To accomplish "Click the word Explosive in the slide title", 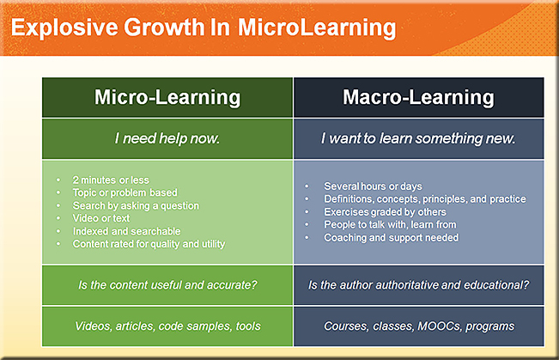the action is tap(64, 27).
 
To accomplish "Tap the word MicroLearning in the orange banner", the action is tap(317, 27).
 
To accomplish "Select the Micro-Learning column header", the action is tap(167, 97).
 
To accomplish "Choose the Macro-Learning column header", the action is tap(418, 97).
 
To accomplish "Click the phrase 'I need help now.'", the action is tap(167, 138).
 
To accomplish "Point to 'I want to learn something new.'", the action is tap(418, 138).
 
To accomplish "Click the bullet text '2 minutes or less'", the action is tap(111, 180).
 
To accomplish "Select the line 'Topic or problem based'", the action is tap(125, 192).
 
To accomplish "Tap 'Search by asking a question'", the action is tap(136, 206).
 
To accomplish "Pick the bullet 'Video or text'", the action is tap(101, 218).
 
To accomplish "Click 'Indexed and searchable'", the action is tap(126, 231).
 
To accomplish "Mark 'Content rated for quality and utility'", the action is tap(149, 244).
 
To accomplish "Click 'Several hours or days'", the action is tap(373, 186).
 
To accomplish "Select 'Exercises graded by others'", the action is tap(385, 212).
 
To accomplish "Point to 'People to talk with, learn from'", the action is tap(390, 225).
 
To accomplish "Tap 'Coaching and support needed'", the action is tap(391, 238).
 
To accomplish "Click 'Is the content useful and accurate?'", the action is tap(167, 285).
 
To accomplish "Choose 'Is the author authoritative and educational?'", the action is tap(419, 285).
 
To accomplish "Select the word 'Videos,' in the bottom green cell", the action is tap(93, 326).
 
